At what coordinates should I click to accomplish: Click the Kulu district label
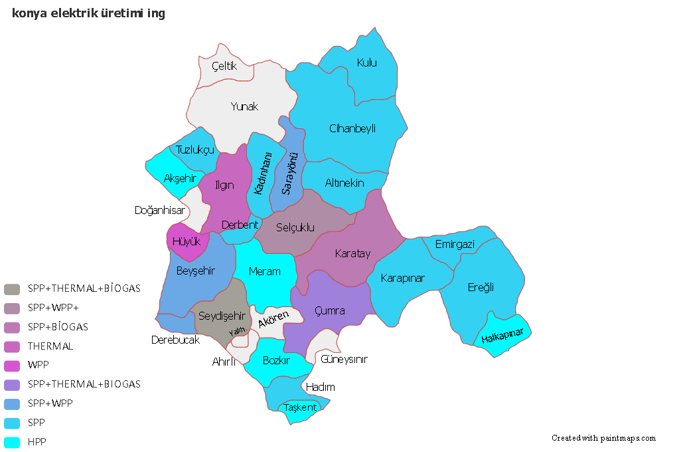tap(366, 63)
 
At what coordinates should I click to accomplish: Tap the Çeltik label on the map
tap(224, 66)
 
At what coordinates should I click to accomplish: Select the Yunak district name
tap(244, 106)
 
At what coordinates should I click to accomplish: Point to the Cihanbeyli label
tap(352, 128)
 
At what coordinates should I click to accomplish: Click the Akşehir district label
tap(180, 178)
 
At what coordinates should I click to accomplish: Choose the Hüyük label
tap(186, 242)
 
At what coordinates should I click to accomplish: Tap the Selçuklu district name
tap(295, 228)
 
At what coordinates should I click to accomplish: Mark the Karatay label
tap(352, 254)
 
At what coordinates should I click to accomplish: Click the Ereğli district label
tap(481, 287)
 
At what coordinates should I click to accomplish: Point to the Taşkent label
tap(300, 407)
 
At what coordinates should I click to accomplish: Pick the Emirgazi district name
tap(455, 245)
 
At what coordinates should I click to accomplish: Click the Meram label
tap(264, 271)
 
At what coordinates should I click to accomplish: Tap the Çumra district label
tap(329, 310)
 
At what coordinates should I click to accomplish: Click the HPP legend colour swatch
tap(11, 442)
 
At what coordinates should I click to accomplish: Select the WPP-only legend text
tap(38, 365)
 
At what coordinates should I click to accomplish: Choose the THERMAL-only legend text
tap(50, 346)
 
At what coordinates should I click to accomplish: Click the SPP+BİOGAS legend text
tap(58, 327)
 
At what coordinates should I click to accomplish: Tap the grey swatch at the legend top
tap(11, 289)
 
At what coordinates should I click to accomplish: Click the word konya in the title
tap(27, 13)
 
